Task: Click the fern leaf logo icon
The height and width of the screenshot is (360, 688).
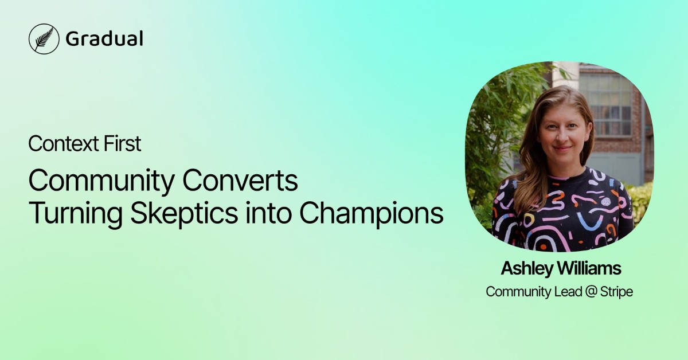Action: click(44, 39)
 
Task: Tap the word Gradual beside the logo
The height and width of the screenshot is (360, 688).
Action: click(104, 39)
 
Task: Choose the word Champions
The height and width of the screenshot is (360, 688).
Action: click(372, 214)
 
